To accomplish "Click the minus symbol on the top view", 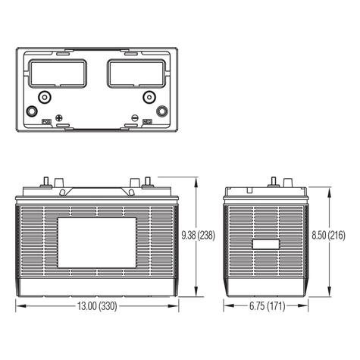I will [x=135, y=117].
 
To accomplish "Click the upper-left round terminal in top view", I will [x=44, y=96].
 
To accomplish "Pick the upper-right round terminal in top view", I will [x=149, y=96].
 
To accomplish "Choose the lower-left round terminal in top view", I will [x=32, y=111].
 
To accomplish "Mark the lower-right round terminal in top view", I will [x=161, y=111].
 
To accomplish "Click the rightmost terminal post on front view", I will [x=148, y=182].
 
